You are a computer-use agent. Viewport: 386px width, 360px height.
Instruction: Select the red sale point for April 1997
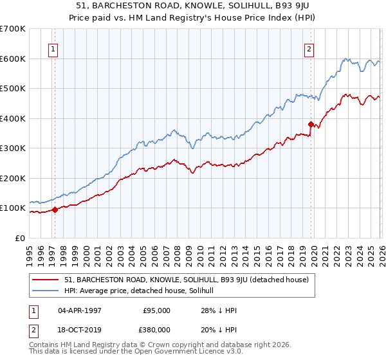55,209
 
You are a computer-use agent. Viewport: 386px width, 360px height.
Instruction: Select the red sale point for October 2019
311,124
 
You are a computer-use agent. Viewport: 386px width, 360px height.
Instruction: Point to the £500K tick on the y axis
13,89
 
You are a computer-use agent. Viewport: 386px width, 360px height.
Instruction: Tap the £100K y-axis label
13,208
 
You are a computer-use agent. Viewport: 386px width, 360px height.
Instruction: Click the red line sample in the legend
46,280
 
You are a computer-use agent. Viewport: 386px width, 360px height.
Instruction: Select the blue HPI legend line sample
46,291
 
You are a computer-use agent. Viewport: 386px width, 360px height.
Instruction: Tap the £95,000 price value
157,310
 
